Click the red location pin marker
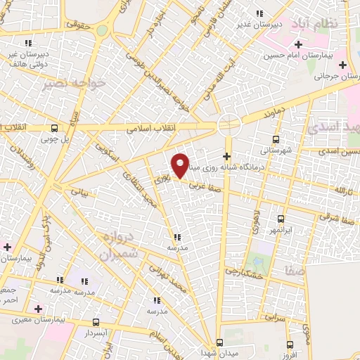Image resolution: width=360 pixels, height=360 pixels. [181, 165]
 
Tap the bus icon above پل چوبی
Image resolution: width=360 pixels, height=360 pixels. [54, 128]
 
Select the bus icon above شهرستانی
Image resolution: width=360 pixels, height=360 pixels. [275, 139]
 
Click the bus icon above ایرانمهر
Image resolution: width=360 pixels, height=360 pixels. [281, 219]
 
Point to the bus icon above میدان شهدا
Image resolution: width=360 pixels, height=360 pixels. [220, 342]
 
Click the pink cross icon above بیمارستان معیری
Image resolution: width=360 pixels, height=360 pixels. [38, 309]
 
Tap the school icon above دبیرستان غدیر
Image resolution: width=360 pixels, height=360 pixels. [259, 13]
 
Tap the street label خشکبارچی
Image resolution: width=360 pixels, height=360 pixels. [243, 271]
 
